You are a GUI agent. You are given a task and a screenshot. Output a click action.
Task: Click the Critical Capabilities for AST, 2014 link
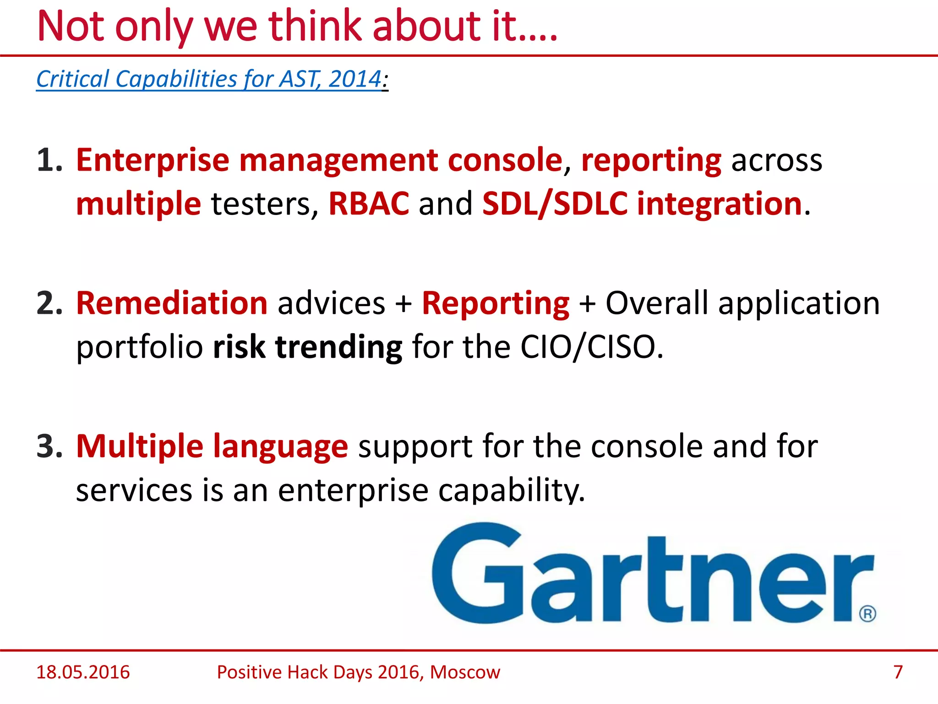pyautogui.click(x=209, y=79)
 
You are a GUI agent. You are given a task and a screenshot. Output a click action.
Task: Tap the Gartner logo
pyautogui.click(x=650, y=575)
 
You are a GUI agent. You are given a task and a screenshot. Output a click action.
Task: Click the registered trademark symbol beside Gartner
pyautogui.click(x=867, y=613)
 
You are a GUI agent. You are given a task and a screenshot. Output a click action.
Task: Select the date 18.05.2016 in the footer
pyautogui.click(x=83, y=672)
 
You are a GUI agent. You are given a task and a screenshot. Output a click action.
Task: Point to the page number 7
pyautogui.click(x=898, y=672)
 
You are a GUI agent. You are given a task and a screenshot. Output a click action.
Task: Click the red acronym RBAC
pyautogui.click(x=369, y=203)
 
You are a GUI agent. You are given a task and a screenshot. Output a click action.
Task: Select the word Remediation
pyautogui.click(x=172, y=303)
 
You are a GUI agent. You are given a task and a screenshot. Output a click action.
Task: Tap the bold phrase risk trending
pyautogui.click(x=307, y=347)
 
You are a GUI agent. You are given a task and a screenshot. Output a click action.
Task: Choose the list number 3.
pyautogui.click(x=49, y=446)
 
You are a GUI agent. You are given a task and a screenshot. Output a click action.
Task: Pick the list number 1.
pyautogui.click(x=49, y=160)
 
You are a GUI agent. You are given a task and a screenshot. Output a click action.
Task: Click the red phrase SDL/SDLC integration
pyautogui.click(x=642, y=203)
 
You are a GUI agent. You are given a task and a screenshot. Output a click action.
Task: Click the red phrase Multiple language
pyautogui.click(x=212, y=446)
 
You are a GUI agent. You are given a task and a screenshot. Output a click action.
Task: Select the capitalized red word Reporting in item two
pyautogui.click(x=496, y=303)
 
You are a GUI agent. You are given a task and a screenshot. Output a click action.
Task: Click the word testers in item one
pyautogui.click(x=264, y=203)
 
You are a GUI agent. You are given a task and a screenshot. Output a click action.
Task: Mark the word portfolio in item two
pyautogui.click(x=139, y=347)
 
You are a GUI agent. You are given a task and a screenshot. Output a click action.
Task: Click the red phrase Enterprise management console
pyautogui.click(x=319, y=160)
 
